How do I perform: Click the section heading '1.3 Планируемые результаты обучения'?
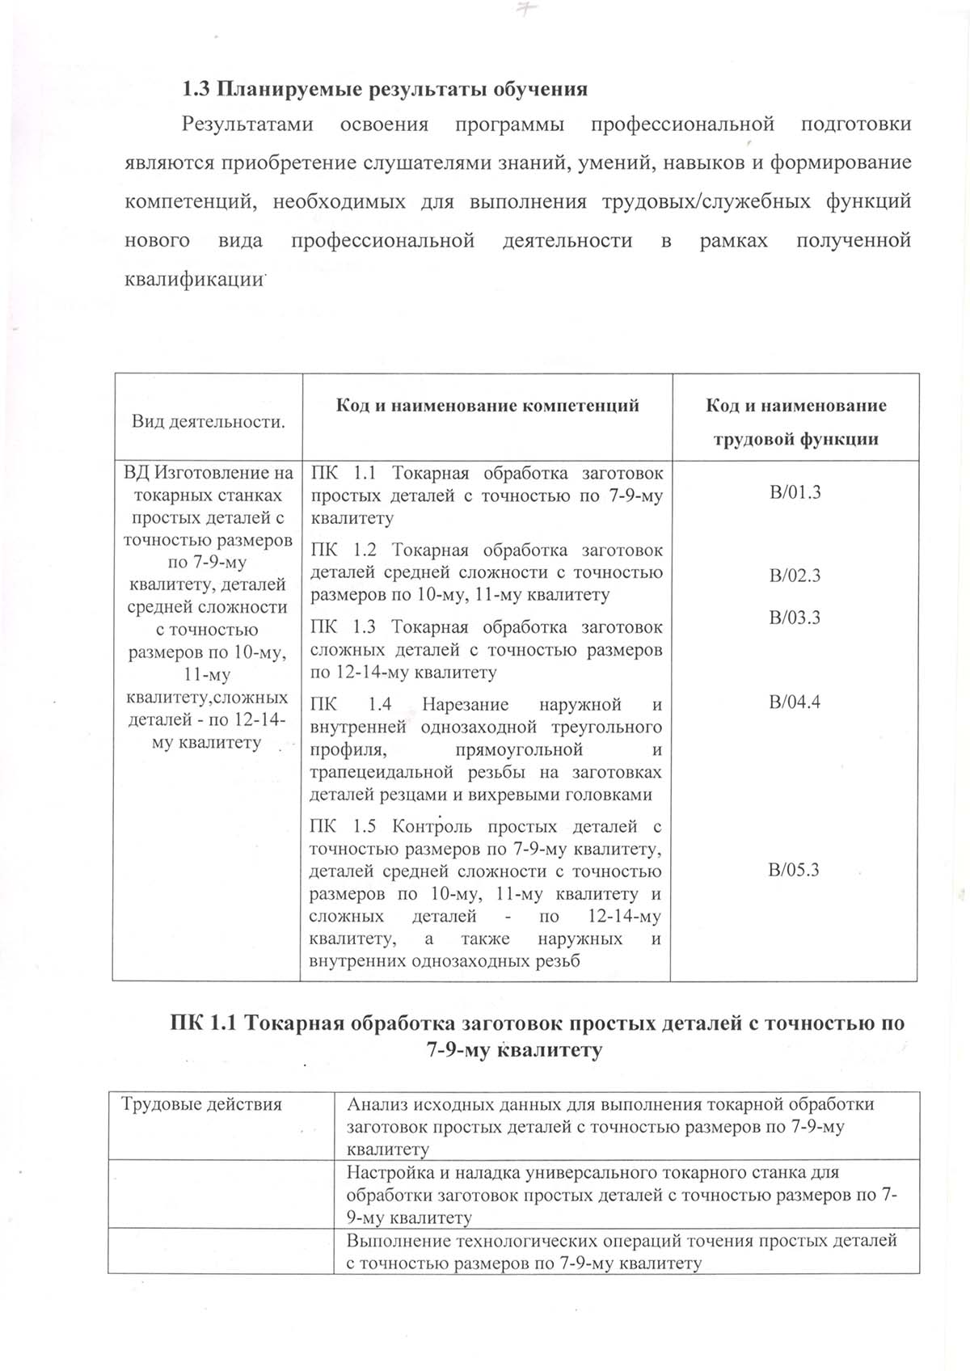coord(385,89)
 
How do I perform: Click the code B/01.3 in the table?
coord(795,492)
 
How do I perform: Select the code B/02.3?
coord(795,576)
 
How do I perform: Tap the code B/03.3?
coord(795,618)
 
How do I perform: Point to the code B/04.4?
coord(795,702)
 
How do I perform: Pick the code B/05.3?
coord(795,871)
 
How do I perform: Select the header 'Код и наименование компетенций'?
coord(487,406)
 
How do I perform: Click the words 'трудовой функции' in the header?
coord(795,440)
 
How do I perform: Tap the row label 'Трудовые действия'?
coord(201,1104)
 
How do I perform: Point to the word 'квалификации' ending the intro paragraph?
coord(195,279)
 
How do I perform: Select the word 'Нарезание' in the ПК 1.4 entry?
coord(465,705)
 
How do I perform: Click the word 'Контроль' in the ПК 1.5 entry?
coord(435,827)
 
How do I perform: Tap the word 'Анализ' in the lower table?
coord(375,1104)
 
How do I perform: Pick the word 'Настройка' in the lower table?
coord(387,1172)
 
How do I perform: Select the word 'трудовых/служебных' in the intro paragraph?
coord(706,201)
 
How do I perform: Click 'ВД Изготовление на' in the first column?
coord(208,473)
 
